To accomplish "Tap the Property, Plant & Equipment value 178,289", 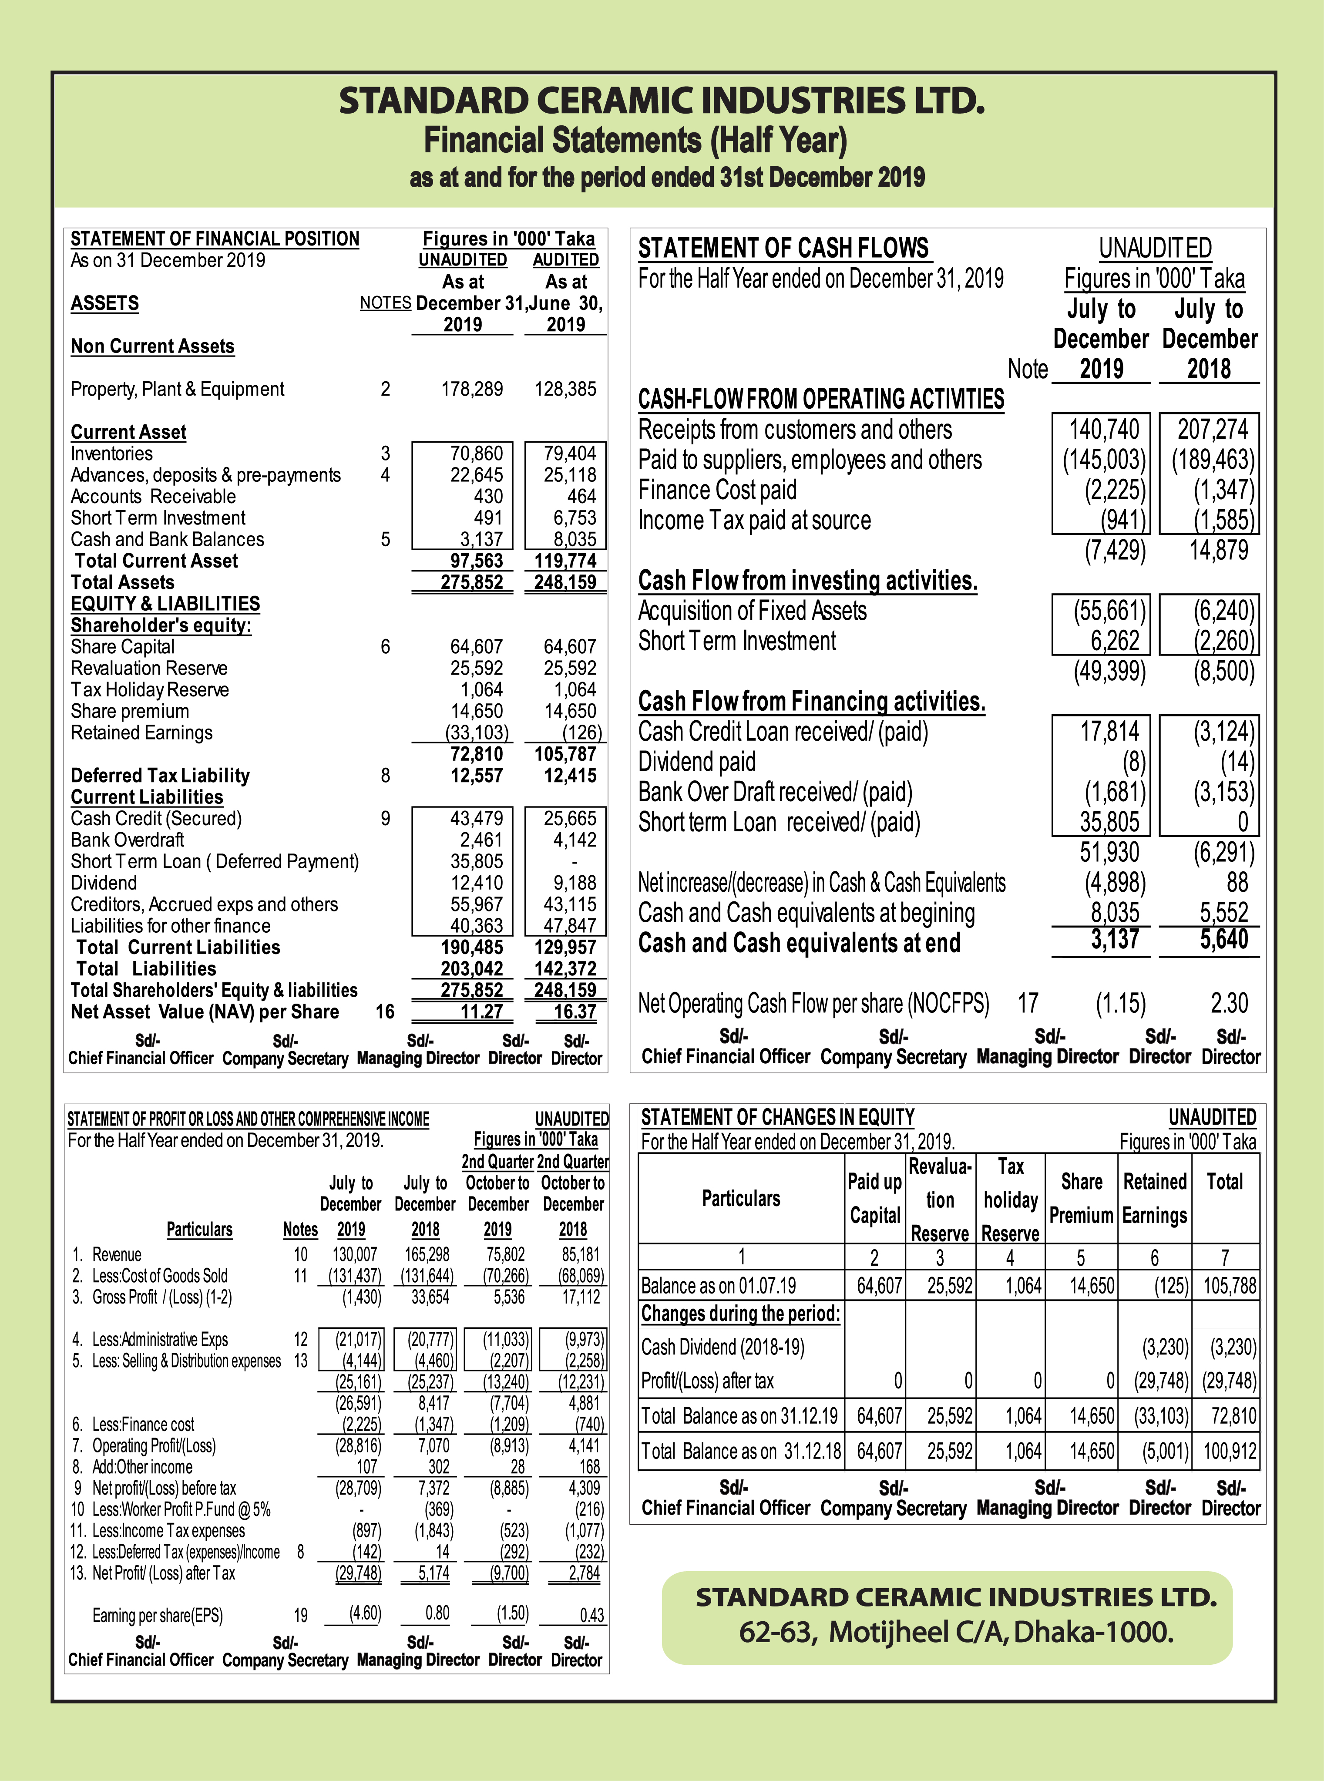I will [472, 390].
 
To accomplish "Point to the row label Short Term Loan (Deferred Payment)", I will [215, 862].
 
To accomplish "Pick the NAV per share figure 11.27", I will [481, 1011].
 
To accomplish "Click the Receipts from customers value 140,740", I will [1104, 430].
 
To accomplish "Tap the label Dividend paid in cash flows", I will [696, 762].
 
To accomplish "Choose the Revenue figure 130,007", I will [356, 1254].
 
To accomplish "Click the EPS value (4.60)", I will [365, 1613].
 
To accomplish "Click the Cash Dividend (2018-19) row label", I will [722, 1348].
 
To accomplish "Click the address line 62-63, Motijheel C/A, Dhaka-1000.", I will [956, 1632].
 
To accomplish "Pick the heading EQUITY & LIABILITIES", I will [165, 604].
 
